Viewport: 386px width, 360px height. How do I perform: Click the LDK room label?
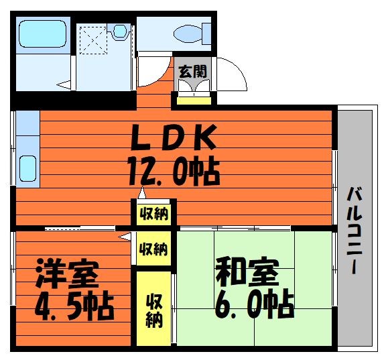point(174,137)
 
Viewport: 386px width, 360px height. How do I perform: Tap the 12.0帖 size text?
point(174,171)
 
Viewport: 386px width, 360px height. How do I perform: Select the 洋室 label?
point(67,274)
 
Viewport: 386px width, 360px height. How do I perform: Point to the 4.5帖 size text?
point(74,306)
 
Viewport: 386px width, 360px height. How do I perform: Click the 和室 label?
point(247,272)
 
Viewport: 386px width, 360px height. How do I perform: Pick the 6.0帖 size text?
point(255,305)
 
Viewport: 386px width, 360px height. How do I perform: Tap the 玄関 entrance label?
point(193,72)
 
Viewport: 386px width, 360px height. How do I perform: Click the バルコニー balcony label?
point(355,231)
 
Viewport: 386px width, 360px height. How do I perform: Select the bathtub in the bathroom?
point(43,34)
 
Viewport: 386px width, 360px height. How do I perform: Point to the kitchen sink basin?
point(28,168)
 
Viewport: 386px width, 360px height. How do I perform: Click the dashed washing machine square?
point(94,40)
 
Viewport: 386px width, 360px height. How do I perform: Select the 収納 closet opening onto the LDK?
point(154,214)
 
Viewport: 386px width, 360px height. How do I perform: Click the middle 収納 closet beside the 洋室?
point(154,249)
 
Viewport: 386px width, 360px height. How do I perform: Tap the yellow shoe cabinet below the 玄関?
point(194,101)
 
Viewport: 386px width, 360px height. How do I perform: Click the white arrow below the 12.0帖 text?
point(142,193)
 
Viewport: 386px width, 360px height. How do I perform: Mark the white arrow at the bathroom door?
point(64,84)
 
